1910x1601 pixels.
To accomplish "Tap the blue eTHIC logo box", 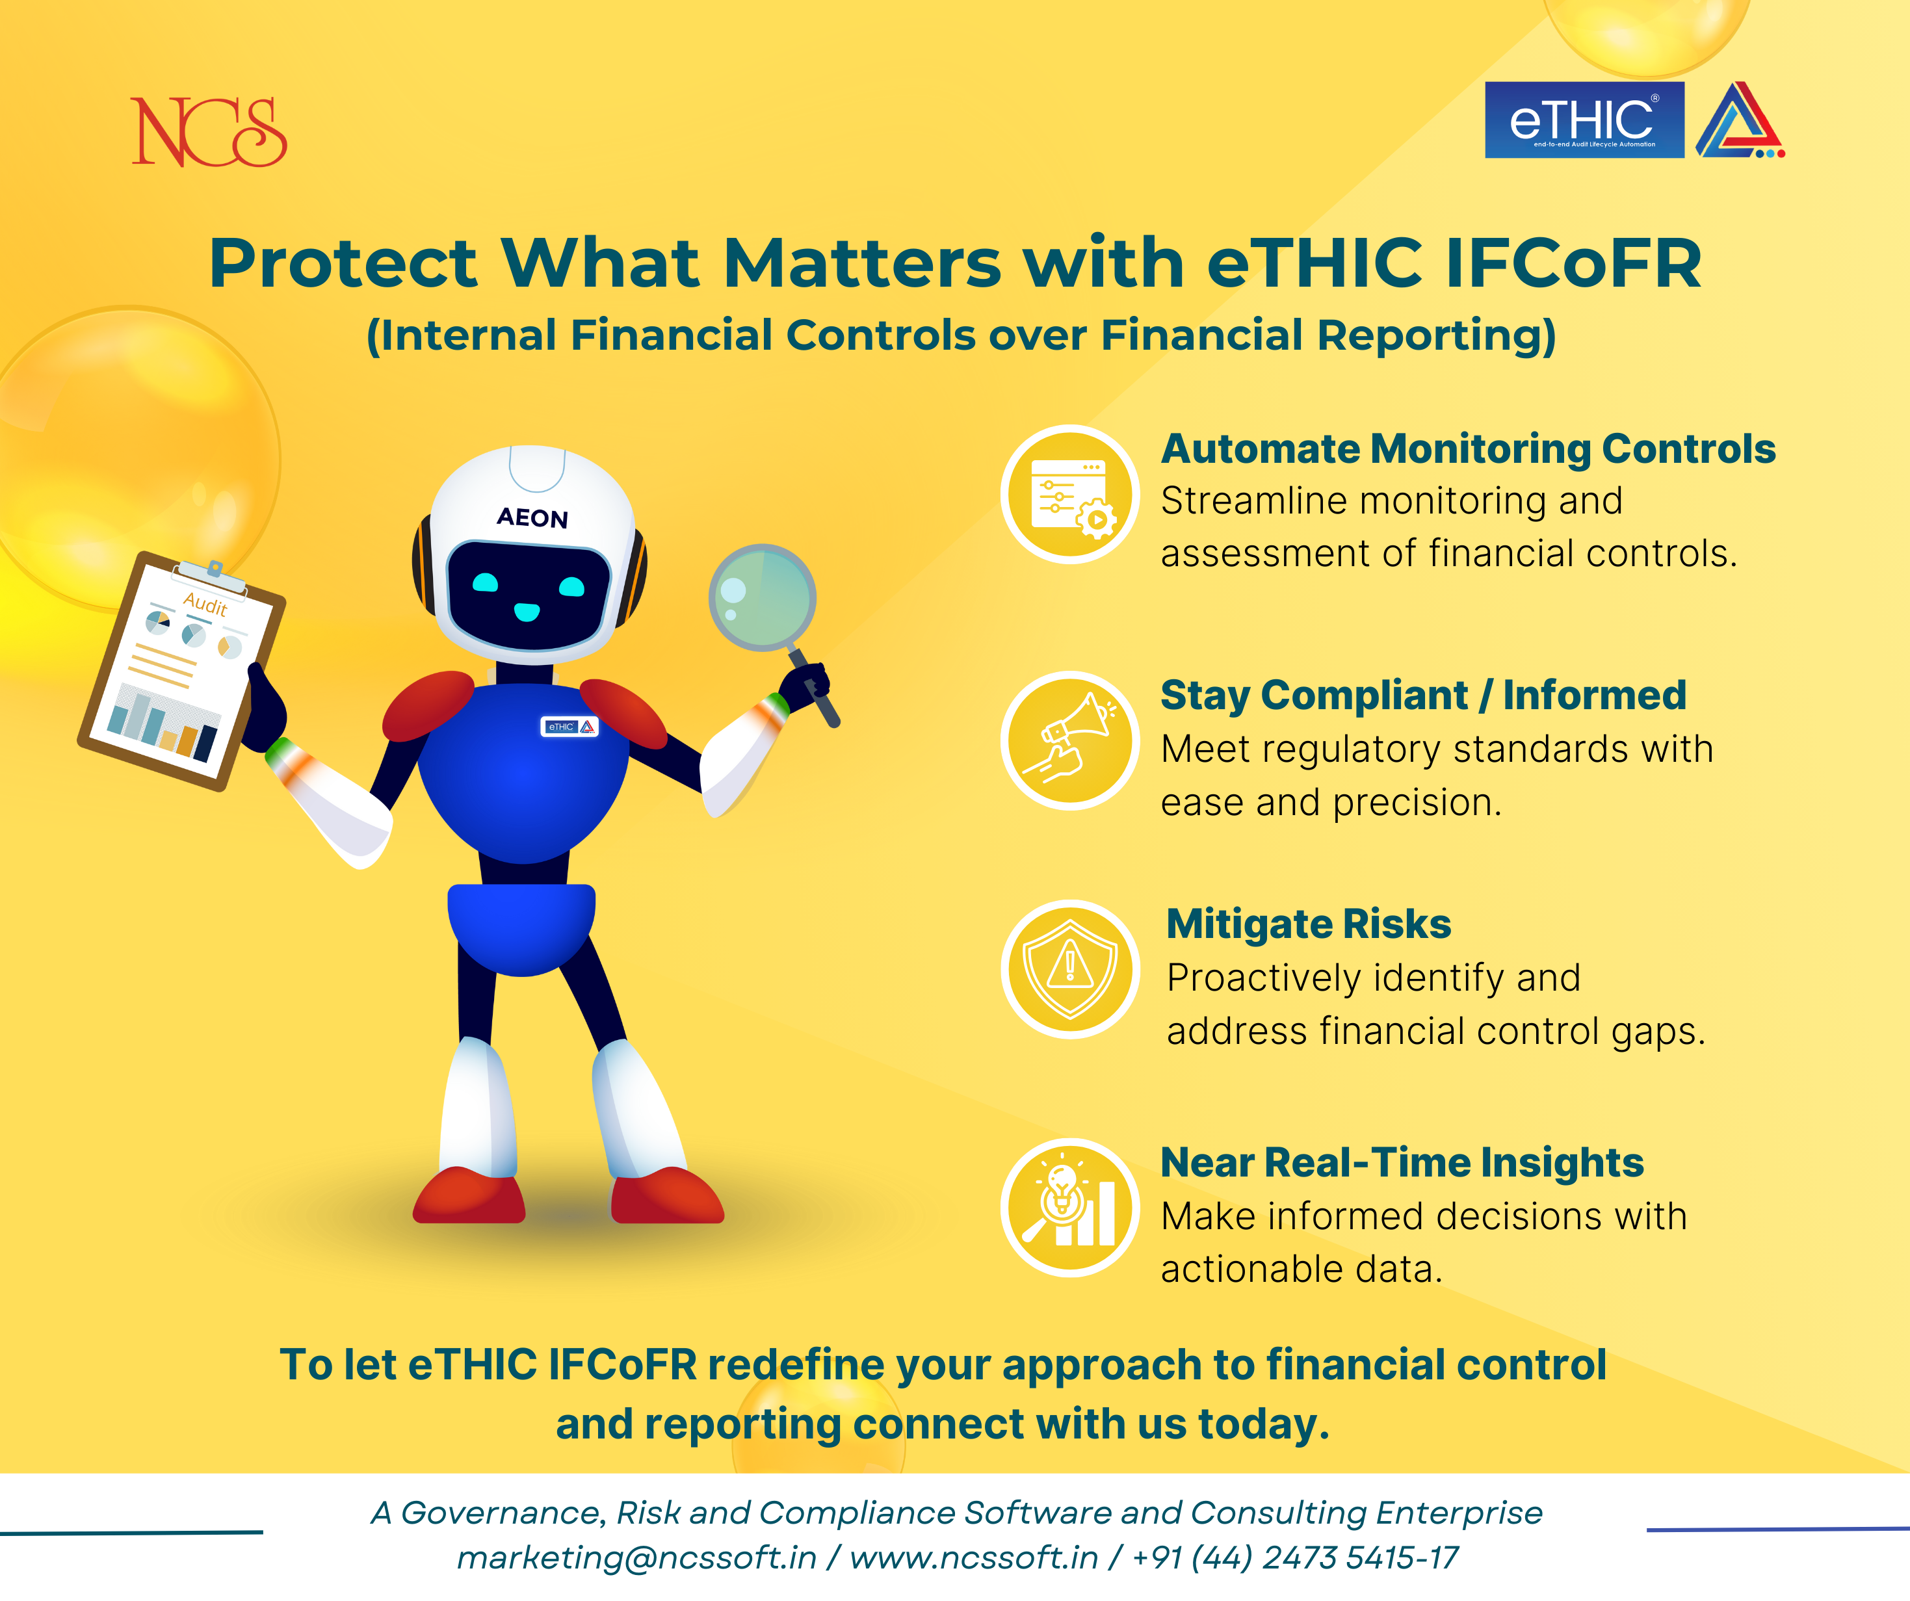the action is coord(1584,120).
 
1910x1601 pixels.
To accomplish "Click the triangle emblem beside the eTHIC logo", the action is coord(1740,120).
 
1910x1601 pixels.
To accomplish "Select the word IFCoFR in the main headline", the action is coord(1573,264).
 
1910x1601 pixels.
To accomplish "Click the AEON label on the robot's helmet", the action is coord(532,517).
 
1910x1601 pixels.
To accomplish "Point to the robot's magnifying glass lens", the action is coord(762,597).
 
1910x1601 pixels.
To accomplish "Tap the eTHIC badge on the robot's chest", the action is coord(569,727).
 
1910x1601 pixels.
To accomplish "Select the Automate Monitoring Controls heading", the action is coord(1468,449).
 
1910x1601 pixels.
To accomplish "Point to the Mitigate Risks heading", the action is coord(1309,924).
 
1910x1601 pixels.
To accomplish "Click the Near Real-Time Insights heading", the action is coord(1402,1162).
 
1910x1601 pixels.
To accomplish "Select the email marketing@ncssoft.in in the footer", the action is coord(636,1557).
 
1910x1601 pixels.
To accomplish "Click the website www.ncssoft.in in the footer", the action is coord(974,1557).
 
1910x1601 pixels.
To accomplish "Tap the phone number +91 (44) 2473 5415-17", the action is coord(1295,1557).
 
